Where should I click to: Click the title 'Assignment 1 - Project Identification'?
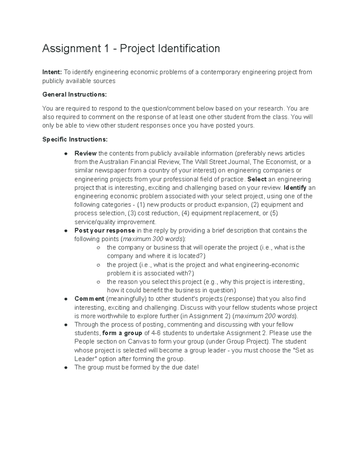click(131, 48)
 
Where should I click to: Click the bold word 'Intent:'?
click(52, 72)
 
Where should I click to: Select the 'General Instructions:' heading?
click(74, 95)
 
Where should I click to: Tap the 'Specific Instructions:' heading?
click(75, 140)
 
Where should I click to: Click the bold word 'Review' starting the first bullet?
click(85, 153)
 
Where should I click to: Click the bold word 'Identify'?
click(295, 188)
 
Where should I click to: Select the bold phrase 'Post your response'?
click(104, 230)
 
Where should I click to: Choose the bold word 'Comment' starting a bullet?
click(89, 299)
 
